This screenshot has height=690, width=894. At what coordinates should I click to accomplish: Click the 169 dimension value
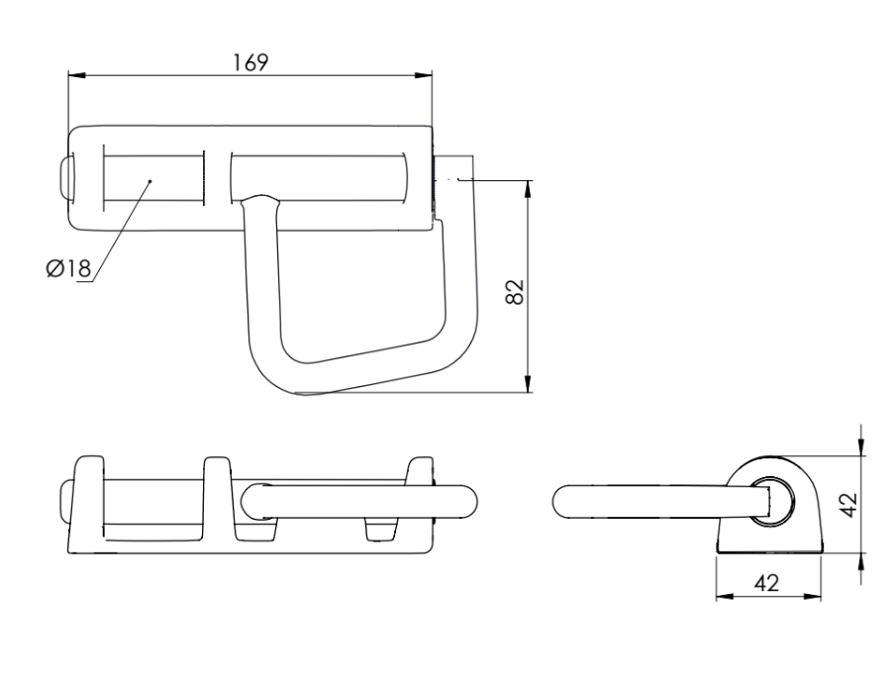[250, 62]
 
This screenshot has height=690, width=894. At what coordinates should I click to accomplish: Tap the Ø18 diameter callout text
[68, 267]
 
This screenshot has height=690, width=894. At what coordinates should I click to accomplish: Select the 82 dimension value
[516, 292]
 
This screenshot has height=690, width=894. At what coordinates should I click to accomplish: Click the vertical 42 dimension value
[849, 505]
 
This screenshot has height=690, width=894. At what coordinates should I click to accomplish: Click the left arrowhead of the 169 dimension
[76, 75]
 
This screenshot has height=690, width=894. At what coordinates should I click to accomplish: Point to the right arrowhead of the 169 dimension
[424, 75]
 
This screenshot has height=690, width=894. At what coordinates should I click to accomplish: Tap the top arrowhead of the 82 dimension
[528, 189]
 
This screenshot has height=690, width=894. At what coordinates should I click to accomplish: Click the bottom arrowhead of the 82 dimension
[528, 384]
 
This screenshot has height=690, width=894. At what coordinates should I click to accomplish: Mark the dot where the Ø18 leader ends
[149, 181]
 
